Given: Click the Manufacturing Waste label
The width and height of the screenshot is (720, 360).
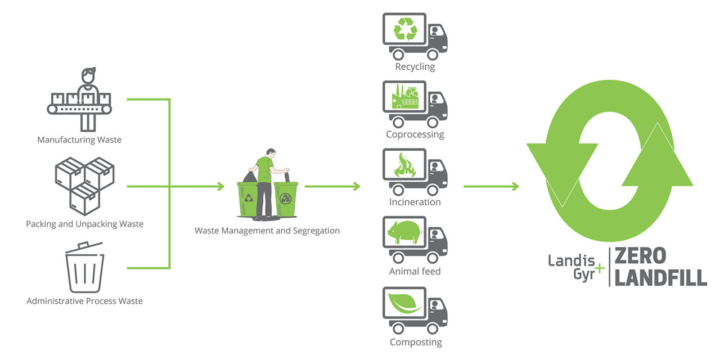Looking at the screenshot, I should point(79,139).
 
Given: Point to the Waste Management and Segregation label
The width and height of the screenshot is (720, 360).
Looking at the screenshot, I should point(267,231).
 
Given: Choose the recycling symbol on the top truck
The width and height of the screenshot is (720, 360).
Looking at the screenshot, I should point(405,29).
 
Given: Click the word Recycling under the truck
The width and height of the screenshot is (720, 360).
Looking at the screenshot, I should point(415,67).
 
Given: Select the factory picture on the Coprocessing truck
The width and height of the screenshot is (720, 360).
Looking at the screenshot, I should point(405,97).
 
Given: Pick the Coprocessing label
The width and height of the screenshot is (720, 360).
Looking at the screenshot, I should point(415,134).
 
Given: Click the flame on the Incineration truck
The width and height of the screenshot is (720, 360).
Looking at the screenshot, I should point(405,165).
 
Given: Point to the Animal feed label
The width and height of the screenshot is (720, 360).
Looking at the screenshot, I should point(415,271).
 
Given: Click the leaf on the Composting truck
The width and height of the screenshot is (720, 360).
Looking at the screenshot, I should point(405,303).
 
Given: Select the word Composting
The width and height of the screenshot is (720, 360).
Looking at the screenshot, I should point(416,342).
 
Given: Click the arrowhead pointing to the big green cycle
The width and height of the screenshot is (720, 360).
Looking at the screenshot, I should point(514,186).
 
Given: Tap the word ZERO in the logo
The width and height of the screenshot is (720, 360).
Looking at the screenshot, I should point(640,257).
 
